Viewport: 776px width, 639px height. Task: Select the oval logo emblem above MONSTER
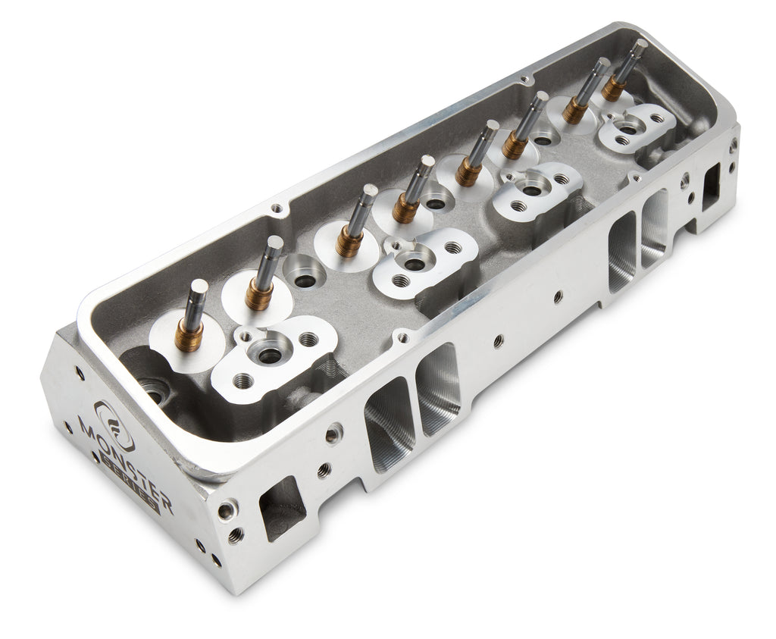[x=114, y=425]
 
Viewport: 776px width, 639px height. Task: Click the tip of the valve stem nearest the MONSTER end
[x=198, y=287]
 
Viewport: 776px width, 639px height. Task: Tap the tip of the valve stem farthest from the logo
[x=639, y=46]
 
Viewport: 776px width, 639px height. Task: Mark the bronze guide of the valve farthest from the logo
[x=613, y=89]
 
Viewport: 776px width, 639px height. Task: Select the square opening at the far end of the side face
[x=710, y=186]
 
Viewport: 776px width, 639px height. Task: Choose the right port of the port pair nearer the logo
[x=439, y=389]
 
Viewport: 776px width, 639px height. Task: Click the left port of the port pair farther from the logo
[x=621, y=251]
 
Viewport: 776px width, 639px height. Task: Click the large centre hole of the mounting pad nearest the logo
[x=269, y=354]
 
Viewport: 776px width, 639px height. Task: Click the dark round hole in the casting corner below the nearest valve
[x=154, y=393]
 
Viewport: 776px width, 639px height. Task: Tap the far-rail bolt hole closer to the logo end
[x=277, y=207]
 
